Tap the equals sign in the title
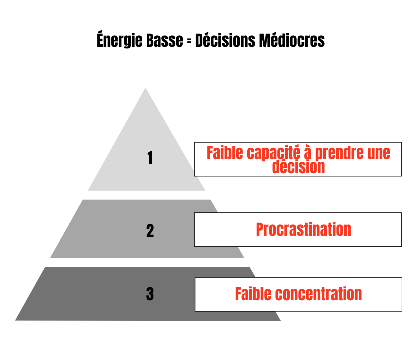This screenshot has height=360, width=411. click(x=189, y=41)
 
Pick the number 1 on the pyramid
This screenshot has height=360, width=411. click(x=150, y=158)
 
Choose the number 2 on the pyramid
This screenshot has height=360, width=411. click(x=150, y=231)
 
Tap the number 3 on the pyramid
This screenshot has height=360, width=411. click(x=150, y=294)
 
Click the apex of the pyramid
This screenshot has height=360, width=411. click(x=145, y=89)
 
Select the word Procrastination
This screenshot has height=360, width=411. click(x=303, y=230)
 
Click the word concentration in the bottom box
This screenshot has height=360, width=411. click(x=319, y=294)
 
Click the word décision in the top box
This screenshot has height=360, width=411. click(x=298, y=167)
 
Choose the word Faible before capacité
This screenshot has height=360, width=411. click(x=225, y=153)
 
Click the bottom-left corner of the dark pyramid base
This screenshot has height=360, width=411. click(x=16, y=320)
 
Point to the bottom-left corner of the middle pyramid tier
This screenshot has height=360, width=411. click(x=51, y=258)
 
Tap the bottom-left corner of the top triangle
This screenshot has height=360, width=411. click(x=88, y=190)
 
